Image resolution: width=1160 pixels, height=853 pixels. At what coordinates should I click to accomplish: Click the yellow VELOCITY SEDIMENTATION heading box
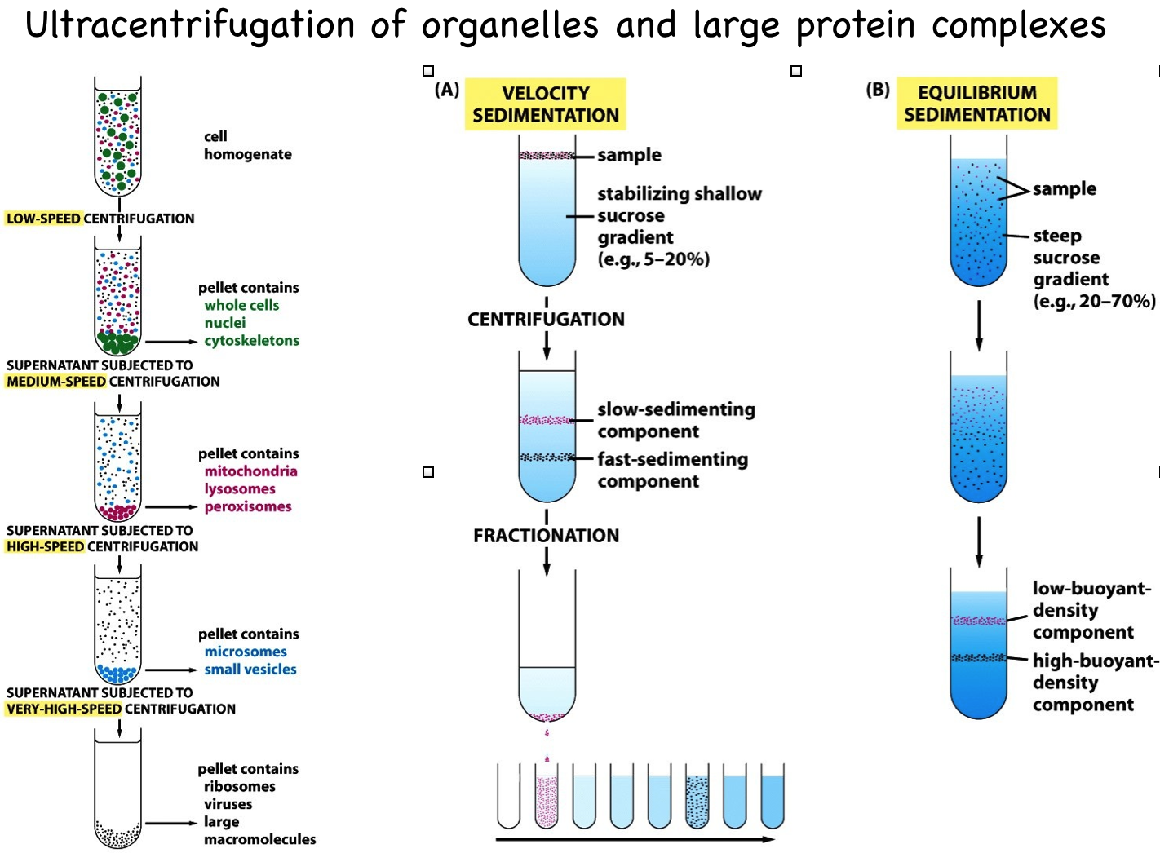click(x=545, y=104)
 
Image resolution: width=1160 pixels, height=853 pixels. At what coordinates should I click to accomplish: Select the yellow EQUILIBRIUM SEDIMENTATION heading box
click(x=976, y=104)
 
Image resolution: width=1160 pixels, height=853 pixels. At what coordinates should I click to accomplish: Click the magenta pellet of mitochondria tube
click(x=118, y=512)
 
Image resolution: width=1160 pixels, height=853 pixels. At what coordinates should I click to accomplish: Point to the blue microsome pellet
click(x=118, y=674)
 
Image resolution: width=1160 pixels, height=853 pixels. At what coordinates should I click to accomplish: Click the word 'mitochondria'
click(x=250, y=471)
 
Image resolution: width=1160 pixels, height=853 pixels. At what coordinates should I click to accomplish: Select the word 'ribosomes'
click(x=239, y=786)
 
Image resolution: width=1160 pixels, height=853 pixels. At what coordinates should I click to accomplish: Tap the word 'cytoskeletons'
click(x=252, y=341)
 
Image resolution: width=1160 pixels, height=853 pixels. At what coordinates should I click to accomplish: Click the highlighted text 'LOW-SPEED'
click(x=43, y=219)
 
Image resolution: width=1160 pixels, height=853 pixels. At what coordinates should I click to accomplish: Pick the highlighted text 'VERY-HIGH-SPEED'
click(x=64, y=709)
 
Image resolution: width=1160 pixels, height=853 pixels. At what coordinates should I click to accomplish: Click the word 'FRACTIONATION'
click(x=546, y=536)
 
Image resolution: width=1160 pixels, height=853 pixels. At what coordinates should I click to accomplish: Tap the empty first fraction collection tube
click(x=508, y=797)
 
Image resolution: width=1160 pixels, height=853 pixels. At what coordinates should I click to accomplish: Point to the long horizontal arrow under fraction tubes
click(x=635, y=839)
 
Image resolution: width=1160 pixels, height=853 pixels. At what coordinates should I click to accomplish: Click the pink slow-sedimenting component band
click(x=547, y=420)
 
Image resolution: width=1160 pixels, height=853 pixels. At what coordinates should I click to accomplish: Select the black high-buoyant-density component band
click(x=978, y=658)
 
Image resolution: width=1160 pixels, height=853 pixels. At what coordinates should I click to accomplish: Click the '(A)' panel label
click(x=447, y=90)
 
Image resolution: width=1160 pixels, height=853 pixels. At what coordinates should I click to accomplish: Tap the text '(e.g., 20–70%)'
click(x=1094, y=301)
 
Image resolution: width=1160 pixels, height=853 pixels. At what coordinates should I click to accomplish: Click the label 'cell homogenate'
click(x=247, y=145)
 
